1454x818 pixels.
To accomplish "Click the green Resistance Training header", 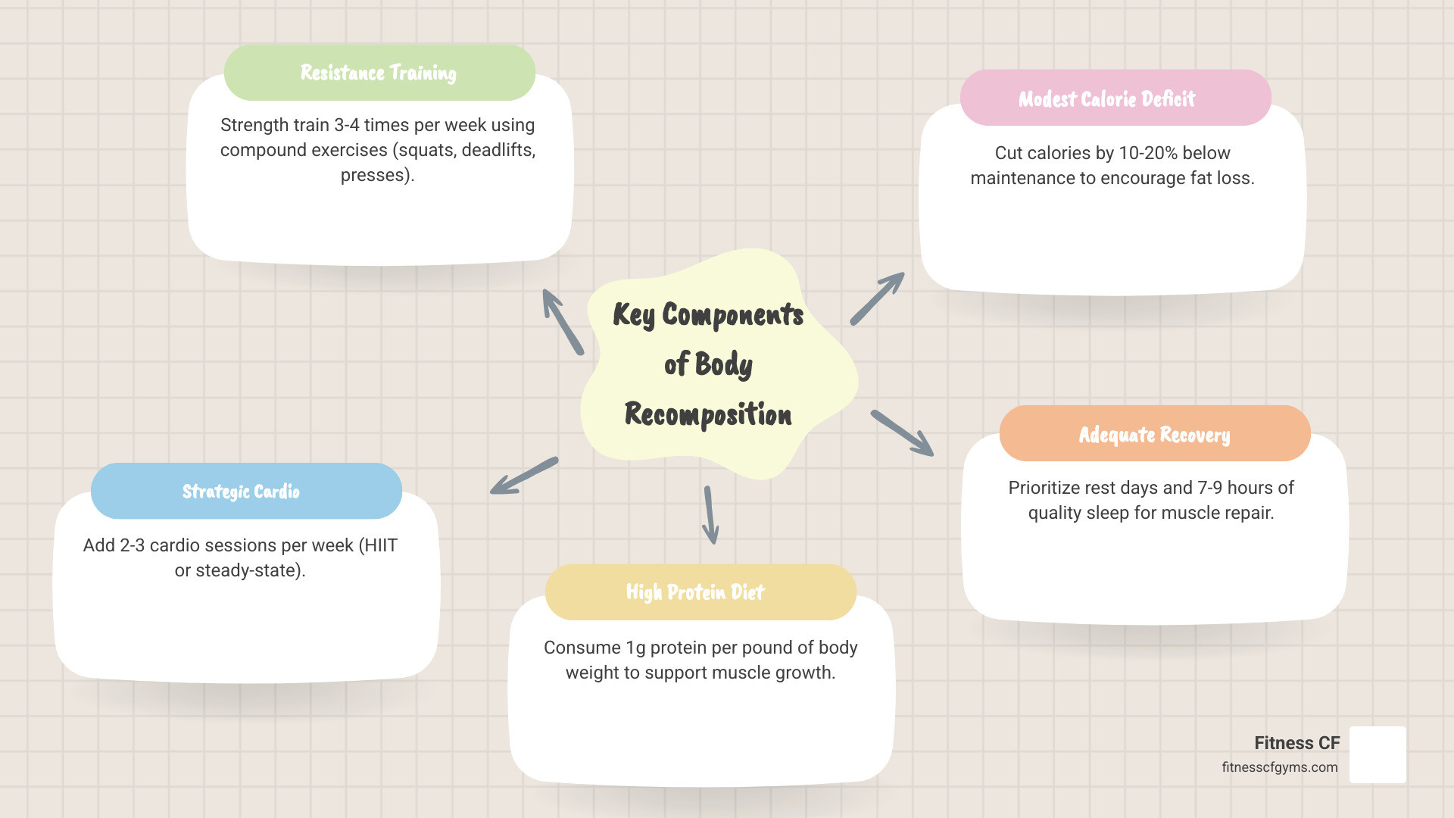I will point(379,73).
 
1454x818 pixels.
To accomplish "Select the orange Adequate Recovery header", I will point(1154,434).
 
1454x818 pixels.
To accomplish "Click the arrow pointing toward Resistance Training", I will point(562,321).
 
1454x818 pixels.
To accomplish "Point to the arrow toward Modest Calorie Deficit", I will point(877,298).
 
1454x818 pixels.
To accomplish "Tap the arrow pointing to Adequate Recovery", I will point(902,433).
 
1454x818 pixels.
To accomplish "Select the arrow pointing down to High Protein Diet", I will point(710,515).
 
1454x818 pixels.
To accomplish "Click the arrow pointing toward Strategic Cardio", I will point(524,476).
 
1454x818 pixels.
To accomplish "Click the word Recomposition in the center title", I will point(708,414).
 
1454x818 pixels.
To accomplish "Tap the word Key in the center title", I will point(633,314).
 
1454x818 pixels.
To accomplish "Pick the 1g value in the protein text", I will point(635,648).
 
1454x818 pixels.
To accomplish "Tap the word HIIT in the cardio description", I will point(378,545).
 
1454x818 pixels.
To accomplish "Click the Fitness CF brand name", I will point(1296,743).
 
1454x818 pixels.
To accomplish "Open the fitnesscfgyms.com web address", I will point(1279,767).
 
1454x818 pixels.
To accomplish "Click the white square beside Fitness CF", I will point(1378,754).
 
